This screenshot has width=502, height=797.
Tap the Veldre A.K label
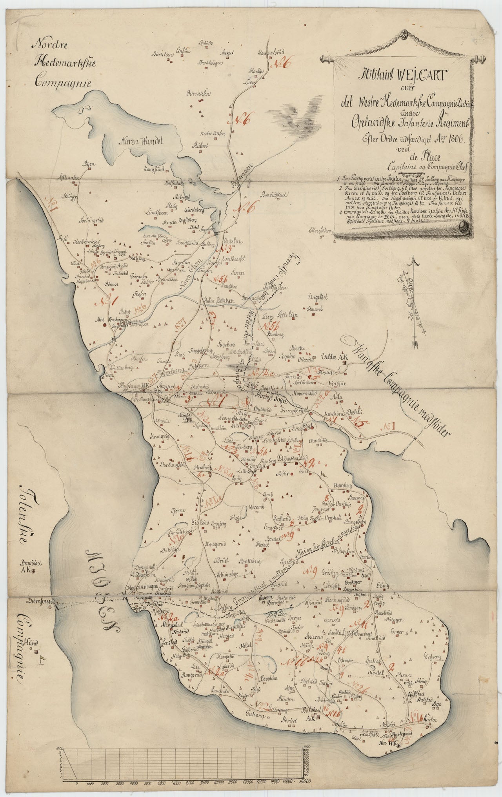[334, 357]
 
